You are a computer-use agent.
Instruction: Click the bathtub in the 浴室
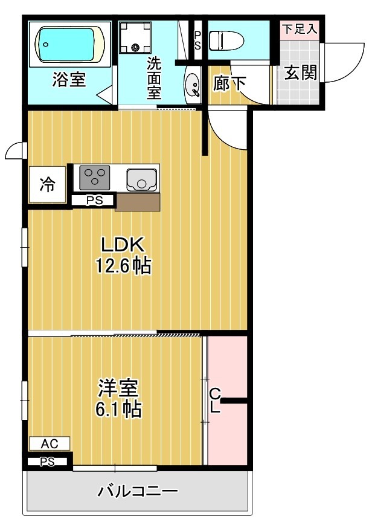pos(69,44)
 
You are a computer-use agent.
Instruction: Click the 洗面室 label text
pos(155,78)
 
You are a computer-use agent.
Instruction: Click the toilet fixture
pos(226,40)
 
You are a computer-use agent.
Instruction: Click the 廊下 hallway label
pos(230,84)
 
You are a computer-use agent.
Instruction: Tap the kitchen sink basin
pos(142,179)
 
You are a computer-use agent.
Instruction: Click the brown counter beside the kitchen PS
pos(137,202)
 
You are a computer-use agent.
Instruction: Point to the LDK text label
pos(122,245)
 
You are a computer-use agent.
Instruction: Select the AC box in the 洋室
pos(49,444)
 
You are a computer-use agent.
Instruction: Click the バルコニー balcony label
pos(138,491)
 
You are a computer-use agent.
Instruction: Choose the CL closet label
pos(214,400)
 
